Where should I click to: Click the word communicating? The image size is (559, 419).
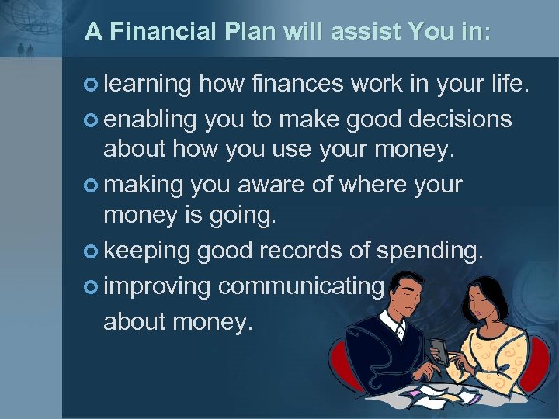(301, 286)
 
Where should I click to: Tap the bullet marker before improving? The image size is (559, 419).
(93, 286)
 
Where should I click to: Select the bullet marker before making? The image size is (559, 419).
(93, 185)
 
